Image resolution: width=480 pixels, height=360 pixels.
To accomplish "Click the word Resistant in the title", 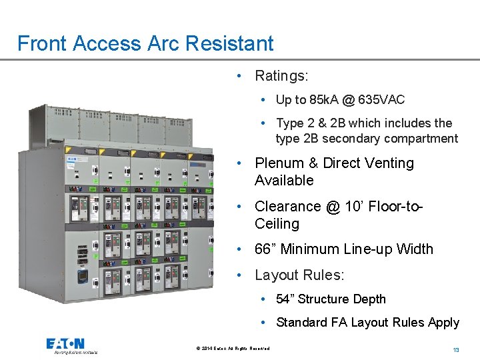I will pyautogui.click(x=229, y=43).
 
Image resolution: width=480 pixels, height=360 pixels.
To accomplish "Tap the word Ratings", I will pyautogui.click(x=281, y=76).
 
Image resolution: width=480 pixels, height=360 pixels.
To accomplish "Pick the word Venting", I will pyautogui.click(x=388, y=163).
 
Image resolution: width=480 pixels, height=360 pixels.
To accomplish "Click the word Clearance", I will pyautogui.click(x=287, y=207).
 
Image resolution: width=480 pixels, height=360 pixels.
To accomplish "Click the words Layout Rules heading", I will pyautogui.click(x=299, y=275).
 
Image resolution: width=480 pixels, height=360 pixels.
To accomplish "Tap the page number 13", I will pyautogui.click(x=456, y=350).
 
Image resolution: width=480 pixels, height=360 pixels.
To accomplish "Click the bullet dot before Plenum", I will pyautogui.click(x=238, y=164).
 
